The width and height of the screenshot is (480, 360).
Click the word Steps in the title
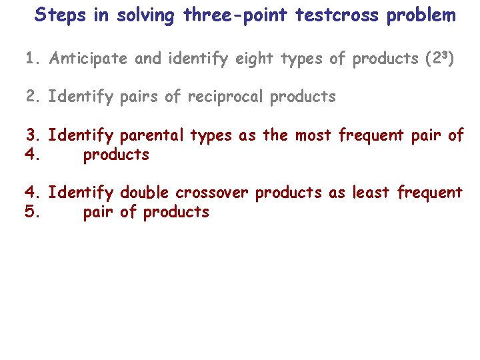pos(61,15)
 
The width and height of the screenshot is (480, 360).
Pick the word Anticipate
pos(89,59)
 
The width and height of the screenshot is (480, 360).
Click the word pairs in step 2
pos(140,97)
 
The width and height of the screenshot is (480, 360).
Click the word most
pos(315,136)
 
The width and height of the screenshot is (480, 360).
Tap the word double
pos(145,193)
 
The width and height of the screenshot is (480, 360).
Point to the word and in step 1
pos(149,59)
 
